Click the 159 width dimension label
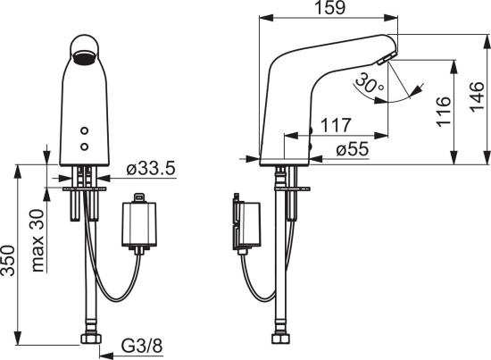point(329,8)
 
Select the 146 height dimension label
point(477,96)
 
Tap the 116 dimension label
point(444,112)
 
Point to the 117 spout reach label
point(336,125)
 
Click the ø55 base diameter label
point(353,149)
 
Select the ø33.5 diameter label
point(151,169)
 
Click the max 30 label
point(37,240)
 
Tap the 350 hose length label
point(8,261)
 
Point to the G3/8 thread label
point(142,346)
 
